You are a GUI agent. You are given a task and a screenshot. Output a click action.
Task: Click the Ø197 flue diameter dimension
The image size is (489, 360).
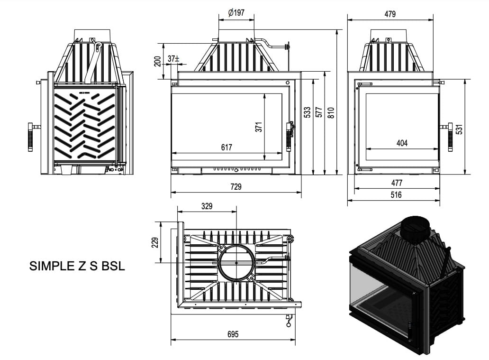tap(236, 12)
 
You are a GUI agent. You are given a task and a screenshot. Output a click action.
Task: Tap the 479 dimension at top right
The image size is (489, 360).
tap(390, 14)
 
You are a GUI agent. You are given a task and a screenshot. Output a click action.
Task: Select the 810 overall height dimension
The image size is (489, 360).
tap(331, 112)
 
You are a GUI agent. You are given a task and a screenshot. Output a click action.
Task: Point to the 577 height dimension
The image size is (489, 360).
tap(319, 112)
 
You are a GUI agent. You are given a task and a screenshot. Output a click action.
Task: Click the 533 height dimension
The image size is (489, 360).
tap(307, 112)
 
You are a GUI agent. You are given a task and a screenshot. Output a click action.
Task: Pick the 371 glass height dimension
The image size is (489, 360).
tap(259, 127)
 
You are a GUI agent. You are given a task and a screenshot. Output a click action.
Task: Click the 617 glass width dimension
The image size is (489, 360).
tap(226, 147)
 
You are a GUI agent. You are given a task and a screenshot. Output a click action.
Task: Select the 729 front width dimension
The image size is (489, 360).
tap(236, 186)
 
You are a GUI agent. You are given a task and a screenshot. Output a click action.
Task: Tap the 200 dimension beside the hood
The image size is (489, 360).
tap(158, 61)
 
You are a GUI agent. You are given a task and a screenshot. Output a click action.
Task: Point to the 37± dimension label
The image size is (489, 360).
tap(173, 58)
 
